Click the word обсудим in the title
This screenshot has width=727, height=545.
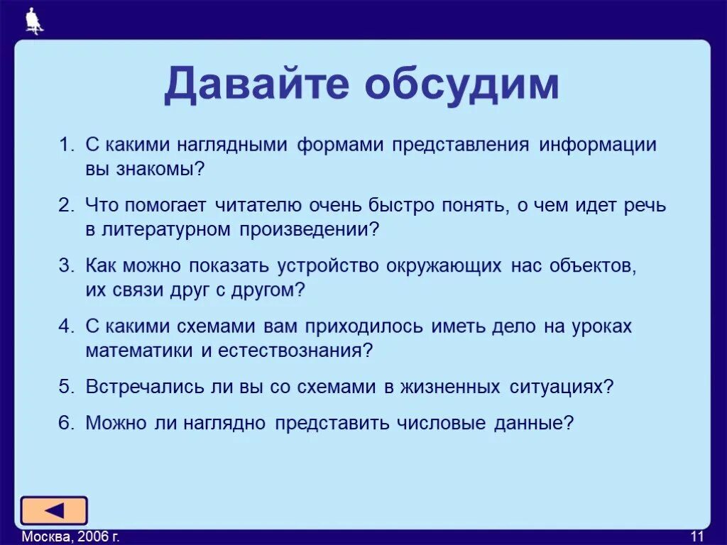coord(462,85)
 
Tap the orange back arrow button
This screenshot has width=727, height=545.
coord(54,510)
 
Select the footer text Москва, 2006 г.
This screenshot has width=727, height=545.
coord(70,536)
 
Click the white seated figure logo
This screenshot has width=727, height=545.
coord(34,21)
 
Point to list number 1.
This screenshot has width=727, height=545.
coord(65,145)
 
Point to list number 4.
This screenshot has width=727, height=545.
coord(65,326)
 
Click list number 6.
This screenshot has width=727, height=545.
coord(65,424)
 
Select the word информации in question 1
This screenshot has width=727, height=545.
coord(597,145)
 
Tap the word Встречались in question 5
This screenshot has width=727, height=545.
coord(140,387)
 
